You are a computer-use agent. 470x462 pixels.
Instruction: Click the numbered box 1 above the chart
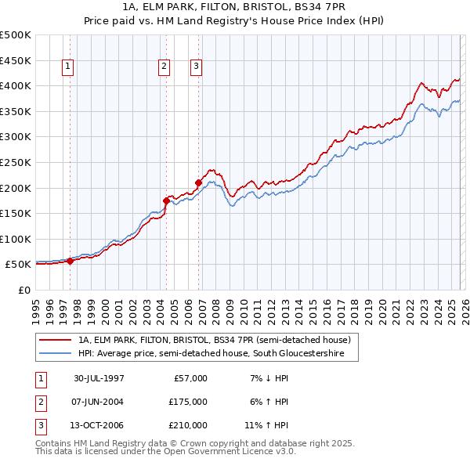pyautogui.click(x=69, y=67)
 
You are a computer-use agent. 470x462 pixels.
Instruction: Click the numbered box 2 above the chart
pyautogui.click(x=164, y=67)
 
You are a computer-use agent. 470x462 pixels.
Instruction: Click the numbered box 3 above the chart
pyautogui.click(x=195, y=67)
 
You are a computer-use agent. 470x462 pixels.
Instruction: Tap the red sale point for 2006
pyautogui.click(x=198, y=183)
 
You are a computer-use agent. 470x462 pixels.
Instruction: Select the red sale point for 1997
pyautogui.click(x=70, y=262)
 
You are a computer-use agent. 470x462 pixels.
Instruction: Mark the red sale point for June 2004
pyautogui.click(x=166, y=200)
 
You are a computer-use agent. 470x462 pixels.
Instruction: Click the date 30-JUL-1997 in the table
pyautogui.click(x=99, y=378)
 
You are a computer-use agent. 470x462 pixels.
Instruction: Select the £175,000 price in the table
pyautogui.click(x=187, y=402)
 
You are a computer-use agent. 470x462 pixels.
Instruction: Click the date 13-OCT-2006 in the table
pyautogui.click(x=99, y=425)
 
